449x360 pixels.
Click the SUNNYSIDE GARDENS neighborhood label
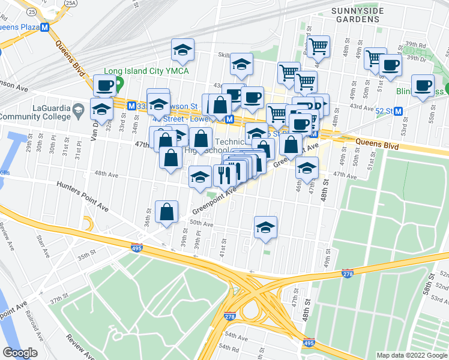click(x=357, y=15)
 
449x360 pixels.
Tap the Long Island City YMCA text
click(x=147, y=71)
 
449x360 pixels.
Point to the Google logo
click(x=20, y=353)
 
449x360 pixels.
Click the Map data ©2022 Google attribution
click(x=411, y=355)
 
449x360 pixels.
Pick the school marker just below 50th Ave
click(x=265, y=228)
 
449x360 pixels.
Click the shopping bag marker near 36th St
click(x=166, y=212)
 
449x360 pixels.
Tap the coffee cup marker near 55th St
click(x=422, y=86)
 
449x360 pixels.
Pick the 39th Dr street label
click(x=415, y=58)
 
